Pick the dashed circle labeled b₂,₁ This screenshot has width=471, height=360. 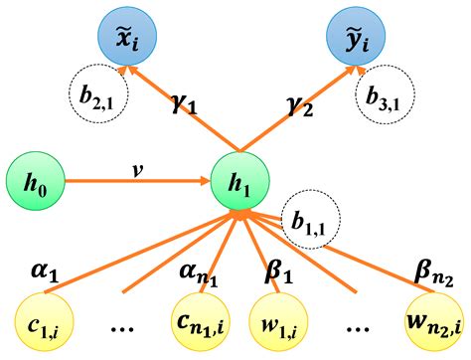[x=94, y=94]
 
